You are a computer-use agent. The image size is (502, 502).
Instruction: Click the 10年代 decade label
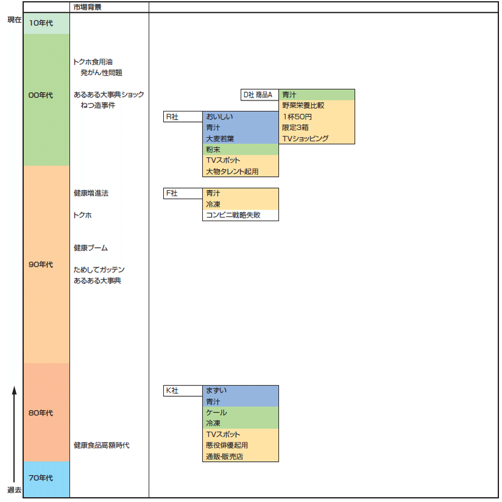pos(41,23)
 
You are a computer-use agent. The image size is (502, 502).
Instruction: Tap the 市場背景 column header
pos(83,7)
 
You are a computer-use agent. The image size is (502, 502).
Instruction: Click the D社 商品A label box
pos(260,95)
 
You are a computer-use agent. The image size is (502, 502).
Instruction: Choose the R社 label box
pos(183,117)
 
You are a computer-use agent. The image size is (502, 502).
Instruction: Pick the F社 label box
pos(183,193)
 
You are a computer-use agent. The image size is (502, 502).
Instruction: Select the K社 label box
pos(183,391)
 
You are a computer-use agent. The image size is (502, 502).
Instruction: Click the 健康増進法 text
pos(91,193)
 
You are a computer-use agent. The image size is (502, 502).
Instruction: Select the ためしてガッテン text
pos(99,269)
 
